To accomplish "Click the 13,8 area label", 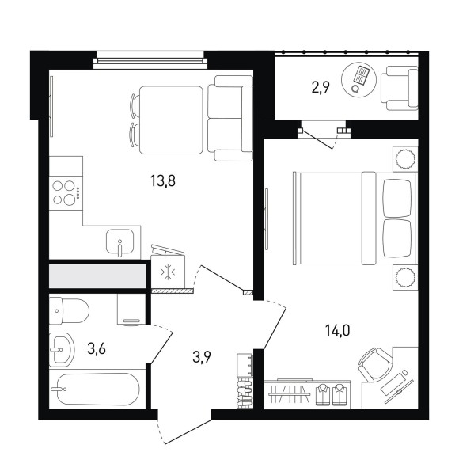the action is tap(163, 181).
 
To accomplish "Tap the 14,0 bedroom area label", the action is tap(337, 330).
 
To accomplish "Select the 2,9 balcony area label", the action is tap(321, 88).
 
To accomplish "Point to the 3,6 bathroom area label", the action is tap(97, 349).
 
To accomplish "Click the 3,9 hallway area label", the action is tap(202, 357).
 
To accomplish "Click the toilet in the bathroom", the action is tap(69, 310).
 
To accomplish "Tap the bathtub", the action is tap(98, 389).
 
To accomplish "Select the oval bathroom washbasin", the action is tap(62, 350).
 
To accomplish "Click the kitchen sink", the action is tap(120, 241).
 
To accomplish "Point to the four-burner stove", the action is tap(66, 193).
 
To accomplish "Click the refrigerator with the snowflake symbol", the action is tap(168, 271).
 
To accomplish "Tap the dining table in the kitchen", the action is tap(171, 120).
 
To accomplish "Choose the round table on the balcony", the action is tap(358, 80).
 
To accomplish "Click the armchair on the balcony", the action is tap(400, 88).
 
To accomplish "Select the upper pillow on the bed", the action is tap(397, 198).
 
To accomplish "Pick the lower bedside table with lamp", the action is tap(405, 277).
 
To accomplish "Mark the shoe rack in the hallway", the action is tap(245, 381).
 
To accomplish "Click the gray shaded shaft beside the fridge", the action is tap(97, 276).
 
